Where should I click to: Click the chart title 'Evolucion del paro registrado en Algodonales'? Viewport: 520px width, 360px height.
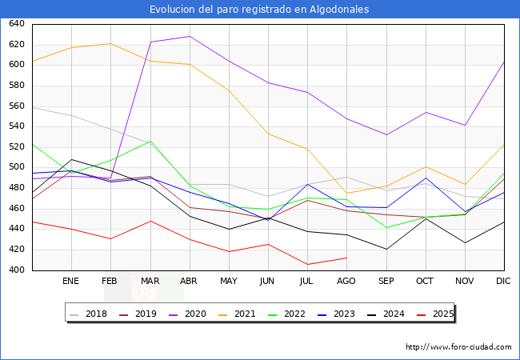point(260,10)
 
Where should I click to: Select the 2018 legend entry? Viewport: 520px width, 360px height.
point(90,314)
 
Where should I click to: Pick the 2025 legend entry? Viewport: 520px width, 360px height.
point(442,314)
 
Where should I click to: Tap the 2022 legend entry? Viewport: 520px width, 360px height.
point(293,314)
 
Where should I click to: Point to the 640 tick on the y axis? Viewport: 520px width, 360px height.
point(16,24)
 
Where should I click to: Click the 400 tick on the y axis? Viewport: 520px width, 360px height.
point(16,270)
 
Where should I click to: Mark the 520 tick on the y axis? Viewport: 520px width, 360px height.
point(16,147)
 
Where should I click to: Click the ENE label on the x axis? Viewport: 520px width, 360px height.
point(71,282)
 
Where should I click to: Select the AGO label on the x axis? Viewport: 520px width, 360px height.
point(346,282)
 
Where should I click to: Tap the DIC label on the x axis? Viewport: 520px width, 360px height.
point(503,282)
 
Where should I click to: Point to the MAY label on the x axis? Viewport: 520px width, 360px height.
point(228,282)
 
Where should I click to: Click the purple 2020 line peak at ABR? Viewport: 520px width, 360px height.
point(189,36)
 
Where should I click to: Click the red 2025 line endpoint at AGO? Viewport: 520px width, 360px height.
point(346,258)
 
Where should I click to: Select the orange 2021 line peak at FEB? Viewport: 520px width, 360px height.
point(110,43)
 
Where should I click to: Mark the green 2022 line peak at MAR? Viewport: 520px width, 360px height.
point(150,141)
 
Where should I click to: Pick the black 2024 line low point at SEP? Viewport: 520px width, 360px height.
point(386,249)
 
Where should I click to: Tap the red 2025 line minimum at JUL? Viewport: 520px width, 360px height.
point(307,265)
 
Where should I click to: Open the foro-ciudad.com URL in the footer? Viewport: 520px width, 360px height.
point(458,347)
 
